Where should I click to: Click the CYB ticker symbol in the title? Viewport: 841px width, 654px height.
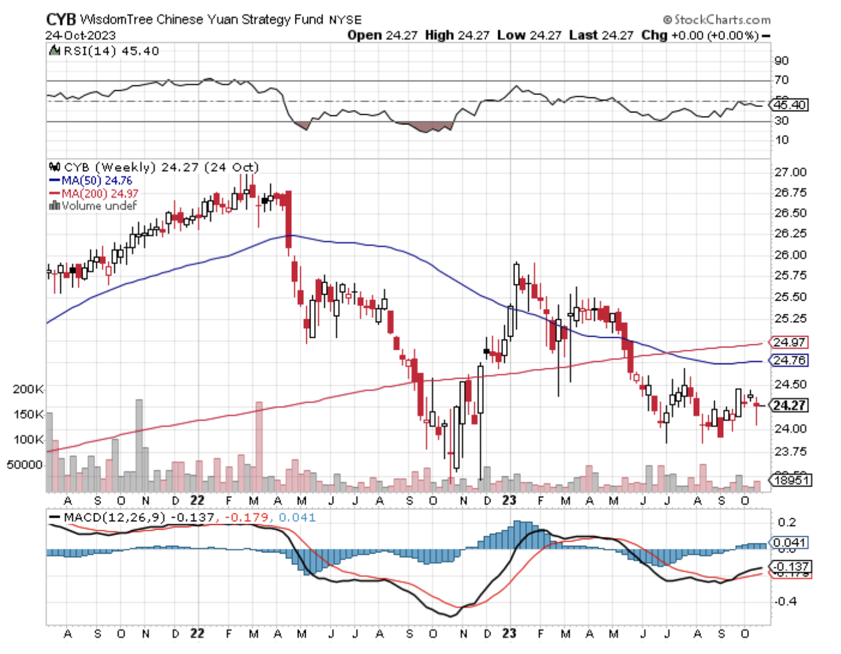(x=60, y=20)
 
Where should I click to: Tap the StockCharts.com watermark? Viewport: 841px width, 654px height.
(x=717, y=20)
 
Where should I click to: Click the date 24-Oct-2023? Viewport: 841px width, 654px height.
(x=80, y=35)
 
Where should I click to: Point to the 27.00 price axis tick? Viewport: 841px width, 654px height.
(x=790, y=172)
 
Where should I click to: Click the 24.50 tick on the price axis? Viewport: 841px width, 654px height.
(x=790, y=384)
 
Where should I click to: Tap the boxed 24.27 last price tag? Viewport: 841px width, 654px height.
(x=790, y=405)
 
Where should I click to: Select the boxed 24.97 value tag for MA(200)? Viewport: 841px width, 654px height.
(x=790, y=343)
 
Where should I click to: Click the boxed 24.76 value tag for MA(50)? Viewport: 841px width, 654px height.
(x=790, y=360)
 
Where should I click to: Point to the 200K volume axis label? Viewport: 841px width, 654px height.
(x=28, y=389)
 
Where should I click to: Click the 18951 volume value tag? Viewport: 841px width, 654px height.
(x=791, y=480)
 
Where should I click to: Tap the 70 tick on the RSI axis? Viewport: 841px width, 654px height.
(x=781, y=80)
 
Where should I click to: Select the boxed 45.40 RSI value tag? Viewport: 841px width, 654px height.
(x=790, y=105)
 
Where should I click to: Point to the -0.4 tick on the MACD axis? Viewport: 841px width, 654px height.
(x=785, y=601)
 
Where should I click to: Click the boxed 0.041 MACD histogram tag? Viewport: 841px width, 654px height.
(x=790, y=543)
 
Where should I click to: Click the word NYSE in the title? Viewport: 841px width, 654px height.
(x=346, y=20)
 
